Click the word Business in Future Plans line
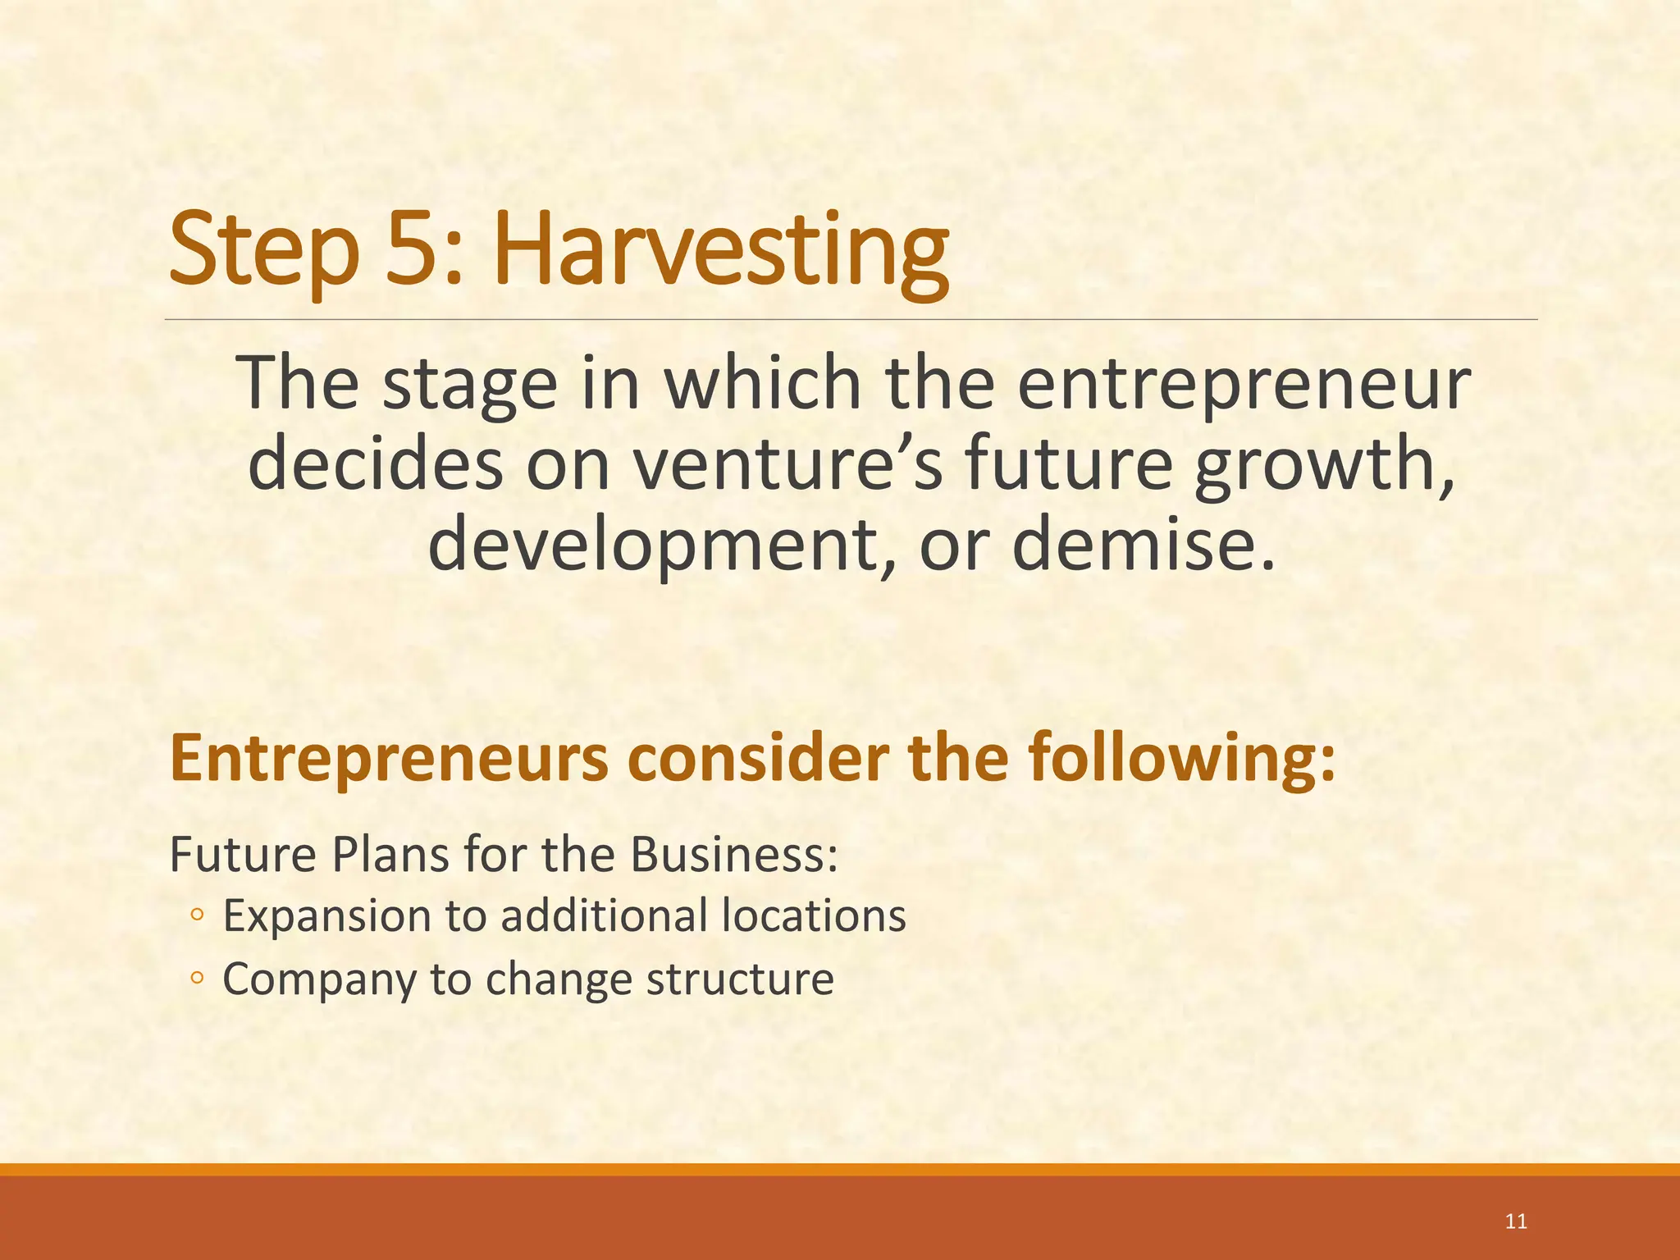tap(733, 855)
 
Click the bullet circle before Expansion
tap(196, 915)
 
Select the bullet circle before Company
tap(196, 979)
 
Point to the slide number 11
tap(1516, 1221)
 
